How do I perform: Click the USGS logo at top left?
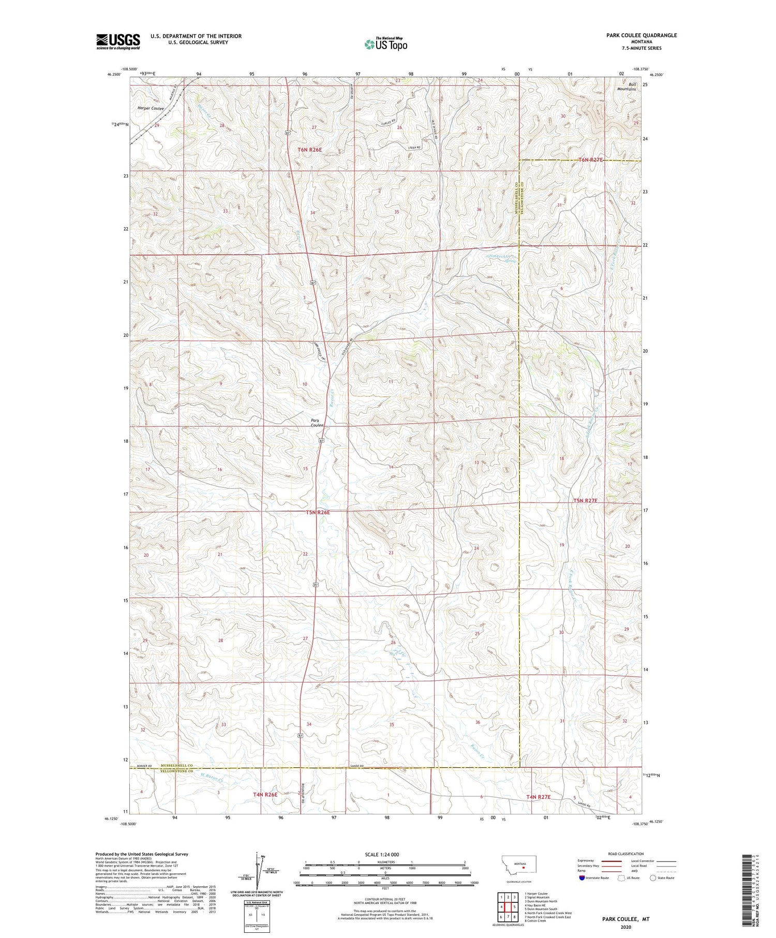(x=118, y=41)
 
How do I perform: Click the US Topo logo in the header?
(x=385, y=44)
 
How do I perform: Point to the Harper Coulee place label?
(x=151, y=109)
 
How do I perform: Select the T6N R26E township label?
(x=310, y=150)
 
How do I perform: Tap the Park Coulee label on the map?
(x=317, y=422)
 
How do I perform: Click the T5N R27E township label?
(x=585, y=500)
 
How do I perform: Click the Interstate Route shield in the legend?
(x=582, y=878)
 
